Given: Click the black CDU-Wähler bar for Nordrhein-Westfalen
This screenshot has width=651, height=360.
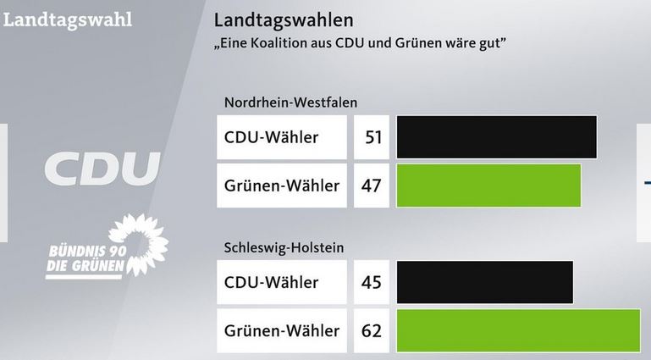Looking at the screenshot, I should tap(496, 136).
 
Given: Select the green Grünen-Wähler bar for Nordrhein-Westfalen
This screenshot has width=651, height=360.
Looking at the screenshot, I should tap(488, 185).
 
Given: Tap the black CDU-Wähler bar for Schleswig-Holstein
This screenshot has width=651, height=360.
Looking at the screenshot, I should tap(484, 281).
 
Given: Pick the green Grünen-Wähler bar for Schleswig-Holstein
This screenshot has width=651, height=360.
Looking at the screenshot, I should tap(518, 330).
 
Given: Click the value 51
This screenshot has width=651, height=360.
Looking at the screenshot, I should tap(372, 137).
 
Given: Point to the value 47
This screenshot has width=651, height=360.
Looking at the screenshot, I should tap(372, 186).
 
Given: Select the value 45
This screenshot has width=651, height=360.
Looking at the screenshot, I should tap(372, 282).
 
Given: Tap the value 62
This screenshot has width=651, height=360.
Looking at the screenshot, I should tap(372, 330).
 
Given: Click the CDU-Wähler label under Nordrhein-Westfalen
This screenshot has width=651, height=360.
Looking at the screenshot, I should tap(271, 137).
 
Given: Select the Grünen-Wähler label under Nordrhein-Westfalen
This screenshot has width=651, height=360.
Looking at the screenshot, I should tap(281, 186).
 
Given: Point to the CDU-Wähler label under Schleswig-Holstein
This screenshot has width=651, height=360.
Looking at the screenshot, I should tap(271, 282).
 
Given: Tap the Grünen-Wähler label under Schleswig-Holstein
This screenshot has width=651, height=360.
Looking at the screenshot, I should tap(281, 330).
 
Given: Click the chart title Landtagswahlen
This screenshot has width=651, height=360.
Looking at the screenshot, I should tap(284, 19).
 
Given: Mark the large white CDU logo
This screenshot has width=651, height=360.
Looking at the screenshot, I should tap(102, 169).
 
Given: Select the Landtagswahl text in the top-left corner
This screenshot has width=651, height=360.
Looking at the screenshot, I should tap(68, 19).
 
